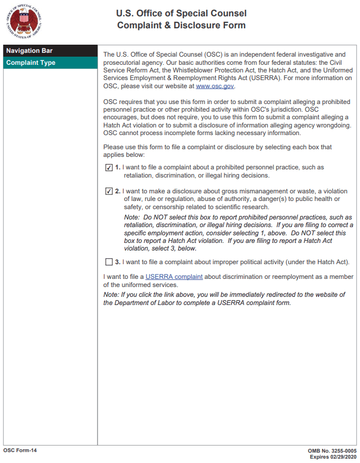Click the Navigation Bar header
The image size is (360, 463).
pos(29,51)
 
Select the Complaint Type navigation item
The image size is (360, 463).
pos(30,63)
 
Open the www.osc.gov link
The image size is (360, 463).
pos(215,86)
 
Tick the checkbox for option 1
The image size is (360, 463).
pos(109,168)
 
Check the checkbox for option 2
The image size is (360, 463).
pos(109,192)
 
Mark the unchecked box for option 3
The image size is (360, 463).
pos(109,262)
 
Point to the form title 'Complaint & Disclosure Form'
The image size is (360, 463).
pos(181,26)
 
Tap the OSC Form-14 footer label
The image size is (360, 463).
pos(20,450)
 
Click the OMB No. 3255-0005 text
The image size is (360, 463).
pos(332,451)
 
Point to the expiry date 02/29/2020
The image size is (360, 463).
pos(343,456)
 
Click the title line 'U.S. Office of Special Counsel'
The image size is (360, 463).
pos(181,13)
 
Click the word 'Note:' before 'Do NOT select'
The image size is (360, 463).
pos(133,217)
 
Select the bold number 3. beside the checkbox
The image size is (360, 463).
pos(118,262)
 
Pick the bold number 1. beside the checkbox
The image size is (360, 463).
pos(118,168)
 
